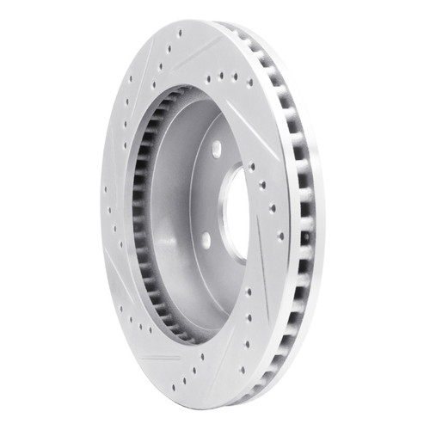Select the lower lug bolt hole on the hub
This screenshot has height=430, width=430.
tap(206, 240)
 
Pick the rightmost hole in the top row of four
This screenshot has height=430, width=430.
tap(249, 83)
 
